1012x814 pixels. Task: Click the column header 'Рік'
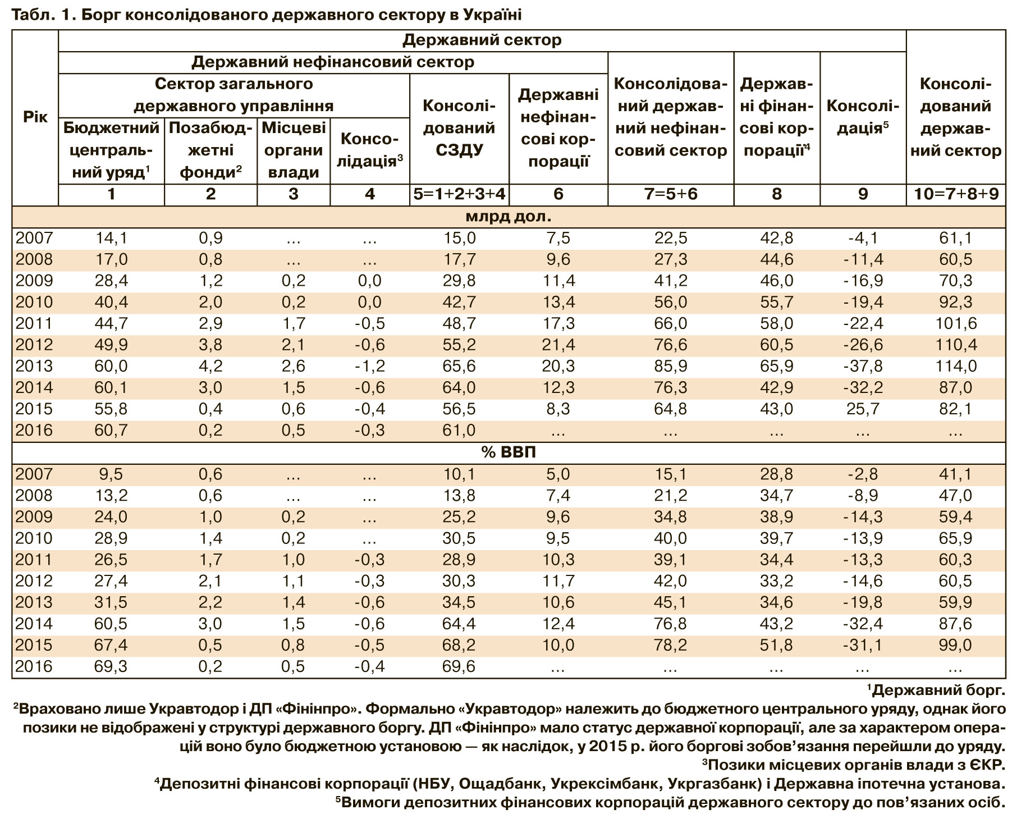(35, 117)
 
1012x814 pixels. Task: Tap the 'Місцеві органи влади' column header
(294, 150)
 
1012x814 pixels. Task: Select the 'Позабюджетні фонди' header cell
(210, 150)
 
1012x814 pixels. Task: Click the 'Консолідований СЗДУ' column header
(459, 128)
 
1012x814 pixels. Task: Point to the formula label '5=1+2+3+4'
(459, 194)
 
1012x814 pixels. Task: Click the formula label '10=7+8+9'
(956, 194)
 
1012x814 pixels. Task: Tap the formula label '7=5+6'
(670, 194)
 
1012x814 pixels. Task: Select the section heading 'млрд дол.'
(508, 217)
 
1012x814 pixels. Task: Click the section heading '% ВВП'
(508, 452)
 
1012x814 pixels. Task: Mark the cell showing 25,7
(863, 409)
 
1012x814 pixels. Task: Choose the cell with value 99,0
(955, 646)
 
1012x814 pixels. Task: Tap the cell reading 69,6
(459, 667)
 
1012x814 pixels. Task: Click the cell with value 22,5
(670, 239)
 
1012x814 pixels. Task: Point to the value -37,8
(863, 367)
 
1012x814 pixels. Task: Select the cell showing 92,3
(955, 303)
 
